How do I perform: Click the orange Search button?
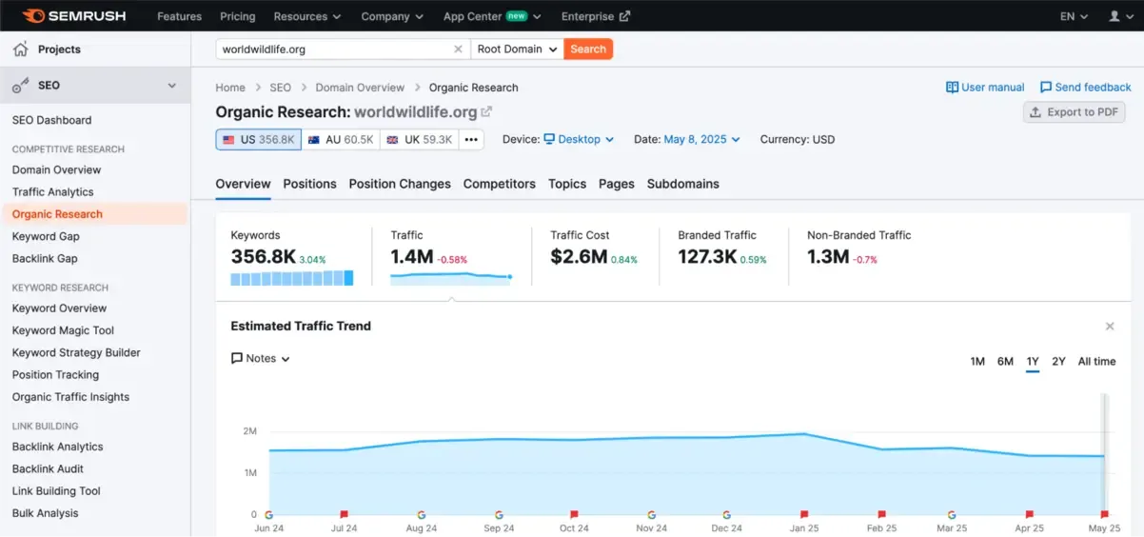click(x=587, y=49)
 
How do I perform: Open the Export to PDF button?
click(x=1074, y=112)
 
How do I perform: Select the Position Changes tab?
click(x=400, y=184)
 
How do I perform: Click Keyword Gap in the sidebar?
click(x=46, y=236)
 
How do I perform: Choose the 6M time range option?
click(x=1005, y=361)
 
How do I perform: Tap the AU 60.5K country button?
click(x=341, y=140)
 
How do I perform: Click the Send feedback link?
click(x=1085, y=87)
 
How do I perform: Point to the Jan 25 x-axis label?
click(x=803, y=528)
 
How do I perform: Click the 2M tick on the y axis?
click(x=249, y=431)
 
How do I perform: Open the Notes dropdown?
click(x=261, y=359)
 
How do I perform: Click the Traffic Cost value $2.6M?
click(x=579, y=256)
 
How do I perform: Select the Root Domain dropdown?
click(x=517, y=49)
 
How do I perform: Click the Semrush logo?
click(x=74, y=16)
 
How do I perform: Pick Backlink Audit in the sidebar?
click(x=48, y=468)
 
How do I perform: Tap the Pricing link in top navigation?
click(x=237, y=16)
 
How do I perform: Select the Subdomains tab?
click(x=682, y=184)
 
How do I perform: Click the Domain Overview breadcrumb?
click(x=360, y=88)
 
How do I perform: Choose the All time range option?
click(x=1096, y=361)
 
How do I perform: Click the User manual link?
click(x=985, y=87)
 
